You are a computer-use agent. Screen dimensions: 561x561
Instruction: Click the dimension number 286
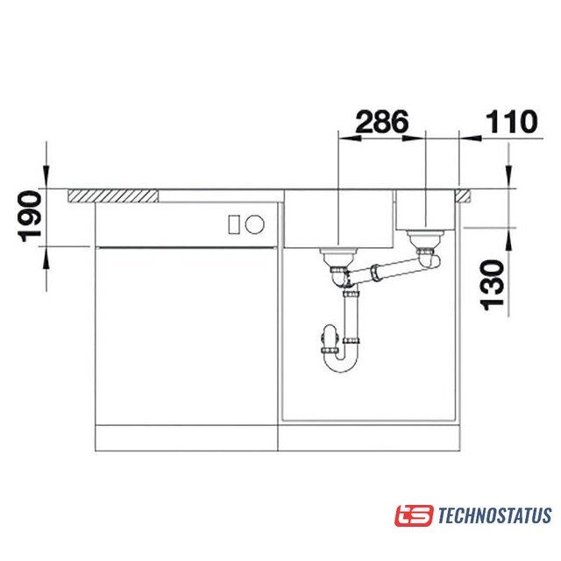tap(382, 122)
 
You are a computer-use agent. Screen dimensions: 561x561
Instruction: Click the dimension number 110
tap(511, 122)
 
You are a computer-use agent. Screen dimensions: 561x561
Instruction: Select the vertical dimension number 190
tap(30, 217)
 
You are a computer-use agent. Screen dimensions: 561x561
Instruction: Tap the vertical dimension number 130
tap(492, 285)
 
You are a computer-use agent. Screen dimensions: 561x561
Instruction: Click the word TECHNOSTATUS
tap(494, 515)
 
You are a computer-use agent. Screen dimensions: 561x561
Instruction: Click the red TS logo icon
tap(414, 515)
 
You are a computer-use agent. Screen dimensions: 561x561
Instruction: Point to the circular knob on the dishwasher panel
tap(255, 224)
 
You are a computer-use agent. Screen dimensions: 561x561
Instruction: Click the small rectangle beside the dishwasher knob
tap(234, 224)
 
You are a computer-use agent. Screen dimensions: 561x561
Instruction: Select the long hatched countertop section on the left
tap(113, 196)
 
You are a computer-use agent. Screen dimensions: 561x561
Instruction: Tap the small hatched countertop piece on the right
tap(463, 196)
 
